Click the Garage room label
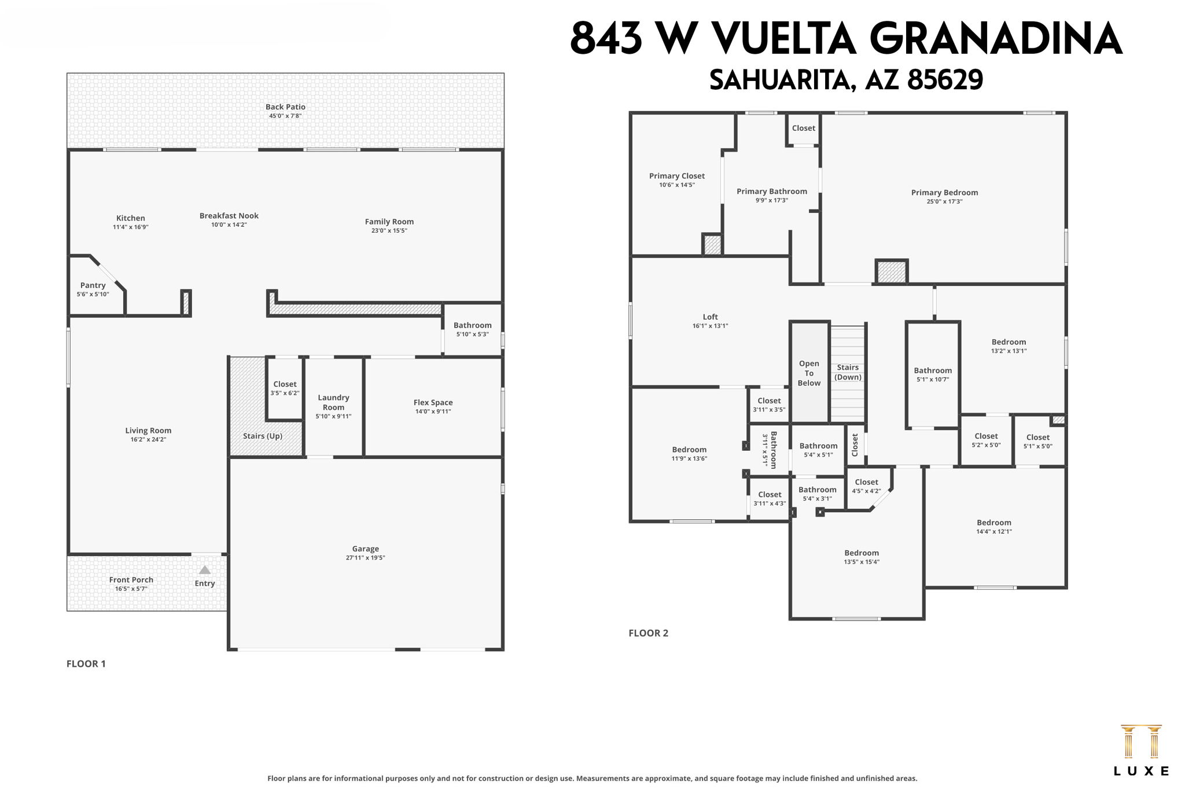coord(365,549)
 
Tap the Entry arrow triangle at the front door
coord(205,570)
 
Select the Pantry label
coord(93,285)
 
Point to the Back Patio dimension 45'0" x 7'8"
coord(285,116)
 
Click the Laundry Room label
coord(333,402)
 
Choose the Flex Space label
coord(433,403)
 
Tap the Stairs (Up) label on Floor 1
coord(263,436)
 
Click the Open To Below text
coord(809,373)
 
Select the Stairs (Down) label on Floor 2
coord(848,372)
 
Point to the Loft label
coord(710,317)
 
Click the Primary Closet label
coord(677,176)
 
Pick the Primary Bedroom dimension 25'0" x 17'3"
coord(944,202)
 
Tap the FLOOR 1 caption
coord(86,664)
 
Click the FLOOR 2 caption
coord(648,633)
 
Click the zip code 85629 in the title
coord(945,80)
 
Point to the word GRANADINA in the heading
coord(995,39)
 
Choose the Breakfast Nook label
coord(229,216)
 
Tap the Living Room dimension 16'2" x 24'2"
coord(148,440)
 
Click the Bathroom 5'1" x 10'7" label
coord(933,371)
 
